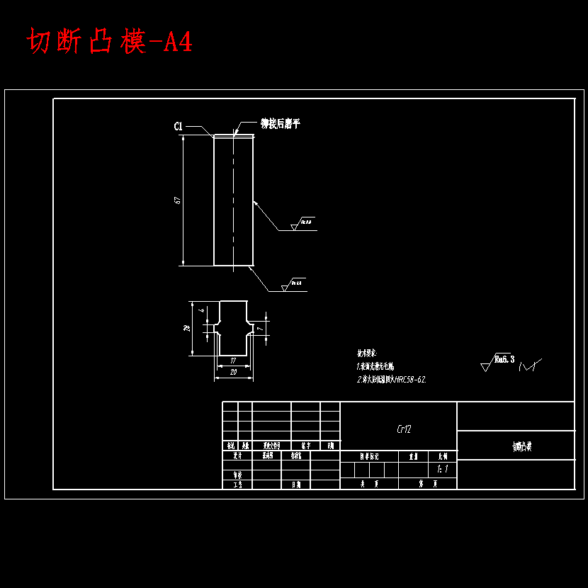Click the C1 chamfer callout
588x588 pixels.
click(179, 126)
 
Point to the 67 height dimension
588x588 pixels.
click(178, 200)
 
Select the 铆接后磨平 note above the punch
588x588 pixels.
click(280, 124)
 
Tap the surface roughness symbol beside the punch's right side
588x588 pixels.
click(303, 223)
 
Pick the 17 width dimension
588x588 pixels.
click(233, 361)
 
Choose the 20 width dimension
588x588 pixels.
click(233, 371)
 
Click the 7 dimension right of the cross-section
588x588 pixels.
click(261, 329)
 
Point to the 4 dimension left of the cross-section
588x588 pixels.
click(201, 310)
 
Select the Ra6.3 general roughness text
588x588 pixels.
click(504, 360)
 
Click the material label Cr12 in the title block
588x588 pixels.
click(404, 429)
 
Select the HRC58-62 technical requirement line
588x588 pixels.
click(391, 380)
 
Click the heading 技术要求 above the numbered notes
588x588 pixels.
click(367, 352)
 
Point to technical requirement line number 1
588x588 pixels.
click(380, 366)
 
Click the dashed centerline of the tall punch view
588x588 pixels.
click(234, 198)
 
